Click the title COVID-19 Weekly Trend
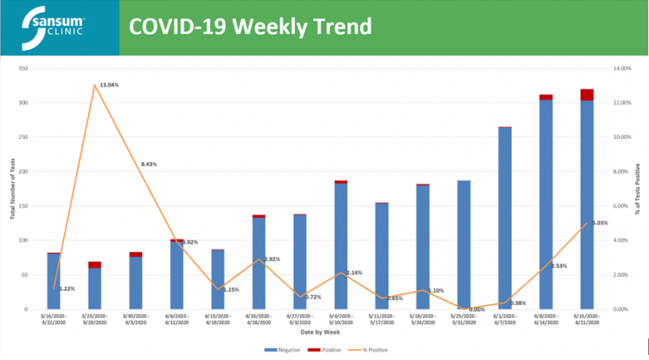coord(249,27)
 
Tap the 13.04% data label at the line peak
coord(109,85)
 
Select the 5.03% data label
coord(599,223)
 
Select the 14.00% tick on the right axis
coord(620,68)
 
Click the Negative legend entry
coord(285,347)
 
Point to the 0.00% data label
coord(477,309)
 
